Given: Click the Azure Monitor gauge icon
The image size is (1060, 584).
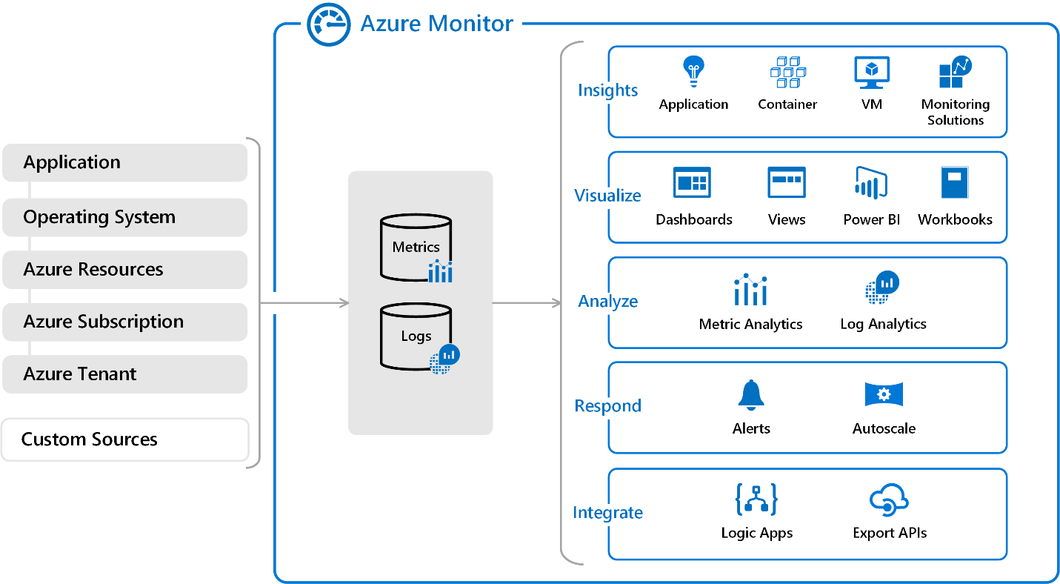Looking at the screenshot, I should [x=328, y=24].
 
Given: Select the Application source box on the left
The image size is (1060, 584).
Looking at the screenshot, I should [x=124, y=162].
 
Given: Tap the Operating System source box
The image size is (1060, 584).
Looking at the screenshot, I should [x=124, y=217].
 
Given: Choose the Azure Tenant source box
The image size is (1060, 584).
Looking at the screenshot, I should [x=124, y=374].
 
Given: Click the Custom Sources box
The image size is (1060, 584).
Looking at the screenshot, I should [x=124, y=439].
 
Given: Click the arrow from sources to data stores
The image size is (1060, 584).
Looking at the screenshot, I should [x=304, y=302].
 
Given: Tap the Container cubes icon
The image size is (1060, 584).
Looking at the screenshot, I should [x=787, y=72].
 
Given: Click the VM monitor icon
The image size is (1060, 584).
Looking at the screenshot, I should [x=872, y=73].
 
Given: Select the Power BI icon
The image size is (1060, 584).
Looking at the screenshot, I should [x=871, y=182].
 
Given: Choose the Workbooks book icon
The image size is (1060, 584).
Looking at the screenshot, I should [x=955, y=182].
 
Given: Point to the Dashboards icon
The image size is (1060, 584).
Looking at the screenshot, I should [x=692, y=182].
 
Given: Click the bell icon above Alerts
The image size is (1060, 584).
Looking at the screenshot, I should [x=750, y=394].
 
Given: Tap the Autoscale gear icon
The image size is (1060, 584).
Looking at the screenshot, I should [x=884, y=394].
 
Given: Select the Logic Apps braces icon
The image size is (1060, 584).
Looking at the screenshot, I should [x=756, y=500].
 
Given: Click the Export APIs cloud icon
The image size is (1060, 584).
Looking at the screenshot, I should [x=889, y=500].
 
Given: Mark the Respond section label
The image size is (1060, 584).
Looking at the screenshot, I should [x=607, y=406].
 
